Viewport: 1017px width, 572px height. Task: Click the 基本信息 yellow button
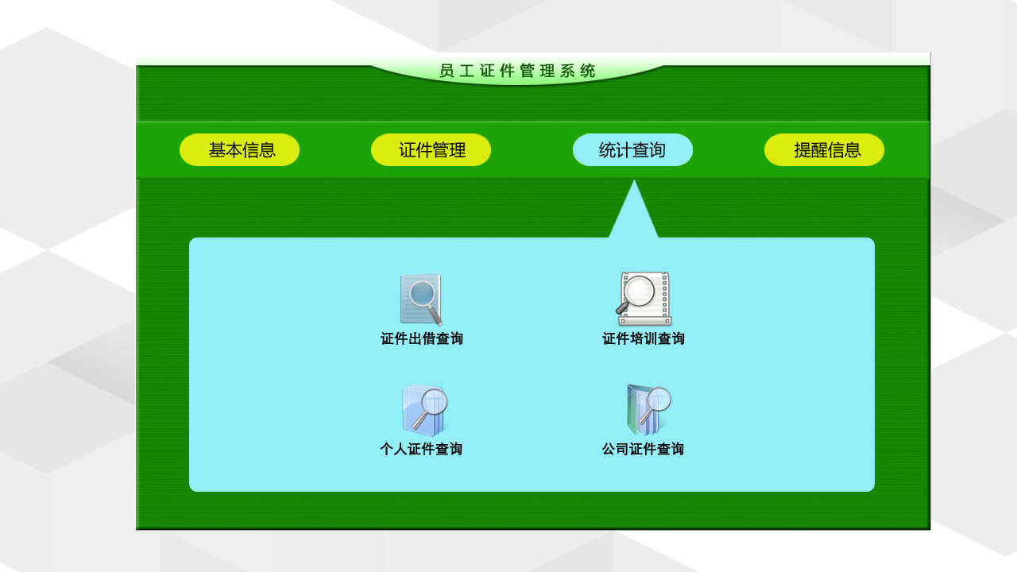pyautogui.click(x=239, y=150)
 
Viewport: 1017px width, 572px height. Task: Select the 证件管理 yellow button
pyautogui.click(x=431, y=150)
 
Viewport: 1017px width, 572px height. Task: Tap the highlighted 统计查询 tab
pyautogui.click(x=632, y=150)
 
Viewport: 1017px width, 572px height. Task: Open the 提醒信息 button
pyautogui.click(x=824, y=150)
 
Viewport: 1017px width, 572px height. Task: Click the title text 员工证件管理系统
pyautogui.click(x=517, y=71)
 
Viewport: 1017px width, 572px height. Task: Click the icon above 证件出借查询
pyautogui.click(x=421, y=300)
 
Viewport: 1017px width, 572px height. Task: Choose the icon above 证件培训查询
pyautogui.click(x=644, y=300)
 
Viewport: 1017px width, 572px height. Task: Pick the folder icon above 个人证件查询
pyautogui.click(x=424, y=410)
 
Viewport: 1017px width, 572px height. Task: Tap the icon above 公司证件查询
pyautogui.click(x=647, y=410)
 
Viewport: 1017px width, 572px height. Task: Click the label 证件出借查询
pyautogui.click(x=422, y=339)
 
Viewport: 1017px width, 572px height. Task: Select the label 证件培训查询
pyautogui.click(x=644, y=339)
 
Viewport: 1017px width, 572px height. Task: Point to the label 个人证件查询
pyautogui.click(x=421, y=450)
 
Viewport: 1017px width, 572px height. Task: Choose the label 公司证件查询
pyautogui.click(x=643, y=450)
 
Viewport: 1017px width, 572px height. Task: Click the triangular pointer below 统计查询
pyautogui.click(x=634, y=213)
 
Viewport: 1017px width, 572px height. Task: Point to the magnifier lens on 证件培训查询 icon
pyautogui.click(x=639, y=292)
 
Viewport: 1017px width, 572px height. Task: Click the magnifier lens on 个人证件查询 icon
pyautogui.click(x=434, y=403)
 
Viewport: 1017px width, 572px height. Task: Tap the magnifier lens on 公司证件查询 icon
pyautogui.click(x=656, y=400)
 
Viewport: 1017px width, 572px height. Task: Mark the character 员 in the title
pyautogui.click(x=447, y=71)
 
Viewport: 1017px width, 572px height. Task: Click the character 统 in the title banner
pyautogui.click(x=588, y=71)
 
